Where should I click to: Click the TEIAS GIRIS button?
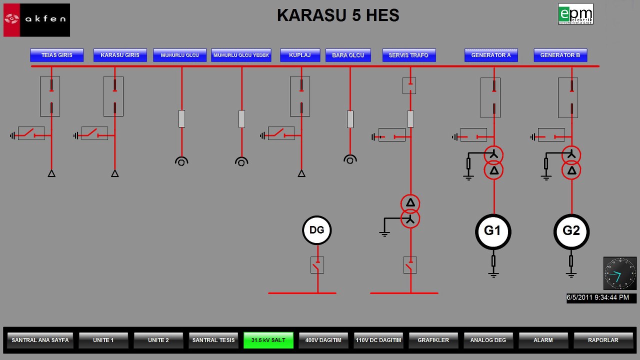[x=56, y=55]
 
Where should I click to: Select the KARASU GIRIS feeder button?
[x=120, y=55]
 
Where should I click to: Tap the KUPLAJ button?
[x=299, y=55]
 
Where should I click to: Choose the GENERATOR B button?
[x=560, y=55]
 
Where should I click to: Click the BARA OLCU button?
[x=348, y=55]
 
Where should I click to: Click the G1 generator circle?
[x=492, y=231]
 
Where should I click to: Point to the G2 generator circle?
[x=571, y=231]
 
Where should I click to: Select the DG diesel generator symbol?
[x=317, y=230]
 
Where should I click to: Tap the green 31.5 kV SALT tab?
[x=268, y=340]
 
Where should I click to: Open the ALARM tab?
[x=543, y=340]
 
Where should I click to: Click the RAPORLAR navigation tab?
[x=603, y=340]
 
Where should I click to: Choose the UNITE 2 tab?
[x=158, y=340]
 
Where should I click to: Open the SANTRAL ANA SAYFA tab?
[x=40, y=340]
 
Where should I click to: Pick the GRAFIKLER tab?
[x=433, y=340]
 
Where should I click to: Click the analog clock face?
[x=620, y=273]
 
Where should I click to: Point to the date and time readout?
[x=601, y=298]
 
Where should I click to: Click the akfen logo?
[x=36, y=20]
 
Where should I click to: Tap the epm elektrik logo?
[x=575, y=14]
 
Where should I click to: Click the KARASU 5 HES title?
[x=338, y=15]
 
